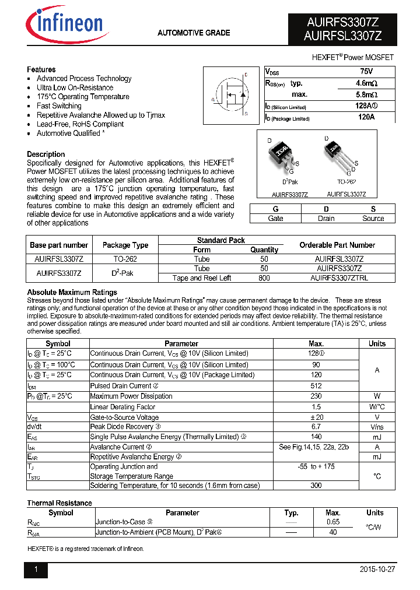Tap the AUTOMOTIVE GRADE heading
(x=194, y=33)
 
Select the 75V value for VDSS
(x=366, y=71)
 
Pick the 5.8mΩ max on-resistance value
(x=366, y=94)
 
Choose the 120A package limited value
(x=366, y=118)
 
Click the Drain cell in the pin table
(x=326, y=219)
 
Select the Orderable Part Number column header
(x=337, y=245)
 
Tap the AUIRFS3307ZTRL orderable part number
(x=339, y=278)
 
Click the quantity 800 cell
(x=264, y=278)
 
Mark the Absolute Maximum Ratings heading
(x=72, y=292)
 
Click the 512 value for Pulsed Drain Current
(x=316, y=385)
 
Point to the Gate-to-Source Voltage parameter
(x=124, y=417)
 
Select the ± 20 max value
(x=316, y=417)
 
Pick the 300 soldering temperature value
(x=316, y=485)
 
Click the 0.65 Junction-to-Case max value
(x=333, y=522)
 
